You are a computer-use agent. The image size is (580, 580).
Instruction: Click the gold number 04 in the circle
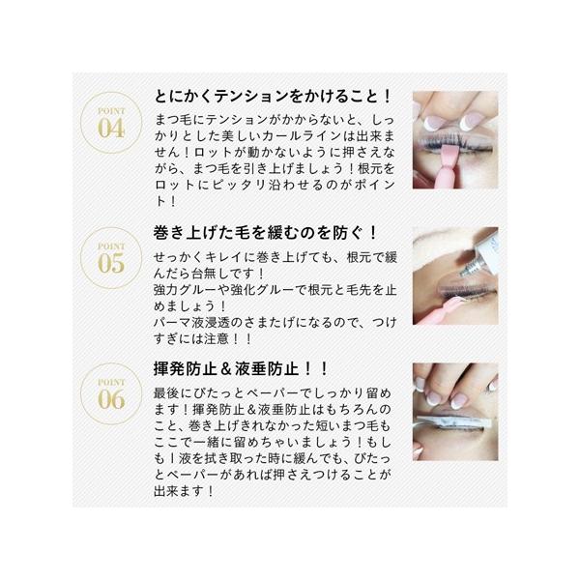coord(111,129)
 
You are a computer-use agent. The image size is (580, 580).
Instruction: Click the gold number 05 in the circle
coord(111,264)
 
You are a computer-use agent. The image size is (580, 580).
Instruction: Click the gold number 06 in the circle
coord(111,400)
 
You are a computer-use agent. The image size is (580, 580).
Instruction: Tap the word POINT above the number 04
coord(111,111)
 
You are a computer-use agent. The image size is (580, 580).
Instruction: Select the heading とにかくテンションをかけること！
coord(273,97)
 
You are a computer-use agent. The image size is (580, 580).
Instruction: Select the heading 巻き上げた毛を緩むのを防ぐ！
coord(265,233)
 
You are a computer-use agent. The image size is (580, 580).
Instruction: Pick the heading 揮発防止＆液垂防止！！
coord(241,369)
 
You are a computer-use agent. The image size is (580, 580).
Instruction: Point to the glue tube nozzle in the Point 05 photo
coord(467,268)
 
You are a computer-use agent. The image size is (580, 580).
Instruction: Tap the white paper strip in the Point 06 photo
coord(455,422)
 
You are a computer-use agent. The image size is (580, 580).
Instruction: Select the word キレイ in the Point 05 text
coord(225,257)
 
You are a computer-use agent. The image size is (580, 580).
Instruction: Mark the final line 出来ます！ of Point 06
coord(184,491)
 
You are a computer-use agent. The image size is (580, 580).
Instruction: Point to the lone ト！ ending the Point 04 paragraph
coord(165,201)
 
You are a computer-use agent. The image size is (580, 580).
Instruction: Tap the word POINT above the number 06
coord(111,382)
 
